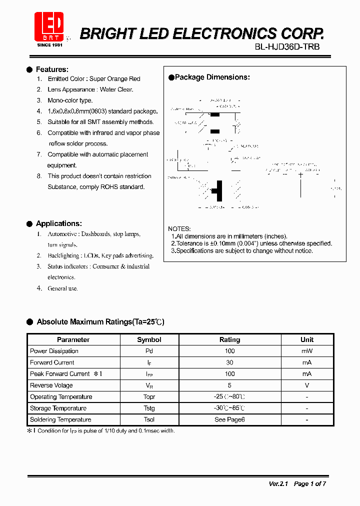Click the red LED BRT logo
pyautogui.click(x=49, y=26)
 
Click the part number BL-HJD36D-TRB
pyautogui.click(x=287, y=46)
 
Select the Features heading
pyautogui.click(x=52, y=69)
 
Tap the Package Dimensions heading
pyautogui.click(x=212, y=77)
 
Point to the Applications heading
pyautogui.click(x=58, y=223)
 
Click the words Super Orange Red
pyautogui.click(x=114, y=79)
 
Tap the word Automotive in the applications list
pyautogui.click(x=62, y=234)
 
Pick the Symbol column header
pyautogui.click(x=149, y=339)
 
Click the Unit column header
pyautogui.click(x=307, y=339)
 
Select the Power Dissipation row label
pyautogui.click(x=54, y=351)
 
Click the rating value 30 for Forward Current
pyautogui.click(x=229, y=362)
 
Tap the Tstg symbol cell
pyautogui.click(x=149, y=408)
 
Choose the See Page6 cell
pyautogui.click(x=229, y=420)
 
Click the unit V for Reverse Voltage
pyautogui.click(x=307, y=385)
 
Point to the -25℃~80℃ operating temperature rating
pyautogui.click(x=229, y=397)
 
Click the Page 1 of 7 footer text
pyautogui.click(x=309, y=483)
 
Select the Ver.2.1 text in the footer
pyautogui.click(x=278, y=483)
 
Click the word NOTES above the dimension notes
pyautogui.click(x=179, y=229)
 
